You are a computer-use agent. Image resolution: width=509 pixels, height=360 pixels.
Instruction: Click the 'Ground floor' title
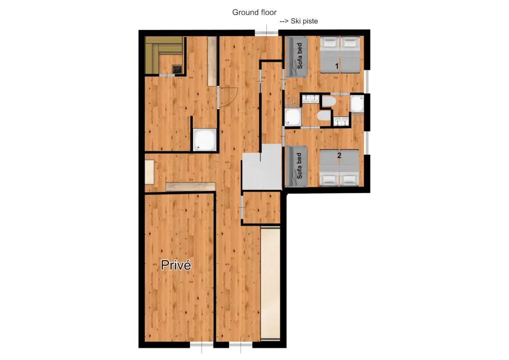[x=254, y=12]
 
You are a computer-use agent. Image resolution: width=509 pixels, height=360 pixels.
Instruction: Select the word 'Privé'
[x=176, y=265]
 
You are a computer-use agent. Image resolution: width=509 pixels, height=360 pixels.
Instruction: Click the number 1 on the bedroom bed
[x=336, y=66]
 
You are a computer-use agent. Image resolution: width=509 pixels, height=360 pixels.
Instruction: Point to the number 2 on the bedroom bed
[x=339, y=156]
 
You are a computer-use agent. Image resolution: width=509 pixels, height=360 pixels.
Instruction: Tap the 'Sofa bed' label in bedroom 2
[x=300, y=167]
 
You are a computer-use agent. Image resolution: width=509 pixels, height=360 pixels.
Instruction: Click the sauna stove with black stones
[x=177, y=69]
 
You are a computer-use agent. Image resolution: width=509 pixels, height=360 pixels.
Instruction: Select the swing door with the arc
[x=227, y=97]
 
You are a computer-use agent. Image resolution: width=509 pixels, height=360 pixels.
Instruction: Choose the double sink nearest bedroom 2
[x=341, y=121]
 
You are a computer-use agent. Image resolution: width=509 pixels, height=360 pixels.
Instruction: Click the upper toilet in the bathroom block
[x=328, y=101]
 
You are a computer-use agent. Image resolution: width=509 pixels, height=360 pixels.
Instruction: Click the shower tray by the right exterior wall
[x=356, y=104]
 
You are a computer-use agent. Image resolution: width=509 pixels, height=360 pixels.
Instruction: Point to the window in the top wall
[x=267, y=34]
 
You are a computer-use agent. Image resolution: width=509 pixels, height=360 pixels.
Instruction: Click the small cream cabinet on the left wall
[x=150, y=172]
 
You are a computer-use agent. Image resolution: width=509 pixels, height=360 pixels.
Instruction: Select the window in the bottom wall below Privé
[x=201, y=345]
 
